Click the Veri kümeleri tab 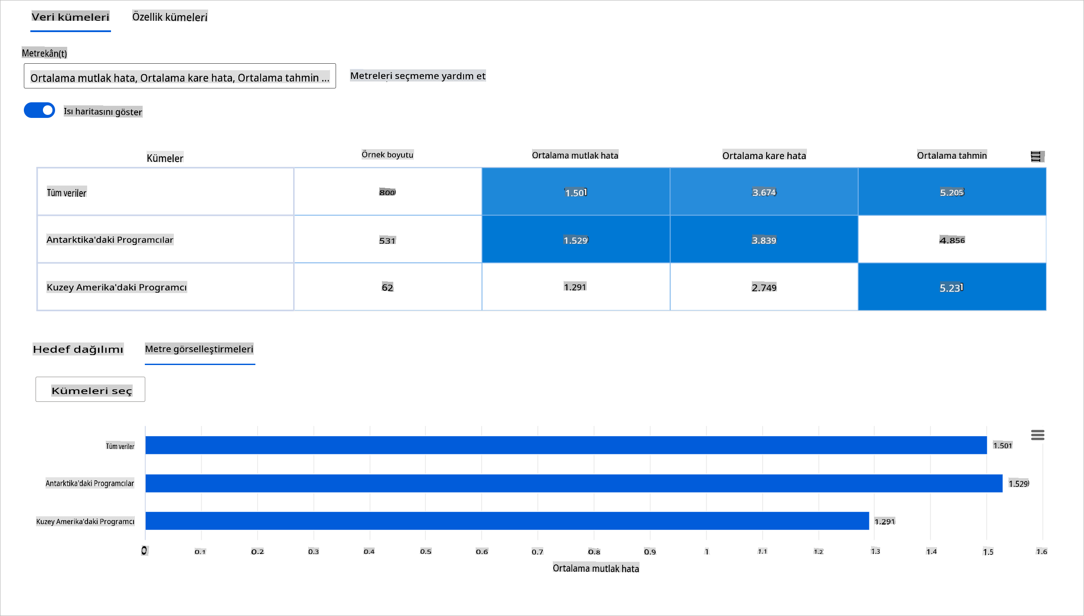tap(70, 17)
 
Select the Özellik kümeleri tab tap(170, 17)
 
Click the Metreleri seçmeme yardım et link tap(418, 76)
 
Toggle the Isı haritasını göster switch tap(39, 110)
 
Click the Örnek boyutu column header tap(387, 155)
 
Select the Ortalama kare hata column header tap(764, 156)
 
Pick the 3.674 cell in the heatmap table tap(764, 192)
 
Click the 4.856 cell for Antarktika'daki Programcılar tap(952, 240)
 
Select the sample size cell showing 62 tap(387, 287)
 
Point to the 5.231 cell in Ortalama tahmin tap(952, 287)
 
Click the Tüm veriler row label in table tap(67, 193)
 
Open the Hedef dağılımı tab tap(78, 349)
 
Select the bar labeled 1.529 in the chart tap(573, 483)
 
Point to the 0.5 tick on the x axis tap(425, 551)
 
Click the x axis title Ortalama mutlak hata tap(596, 568)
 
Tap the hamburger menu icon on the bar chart tap(1037, 435)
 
